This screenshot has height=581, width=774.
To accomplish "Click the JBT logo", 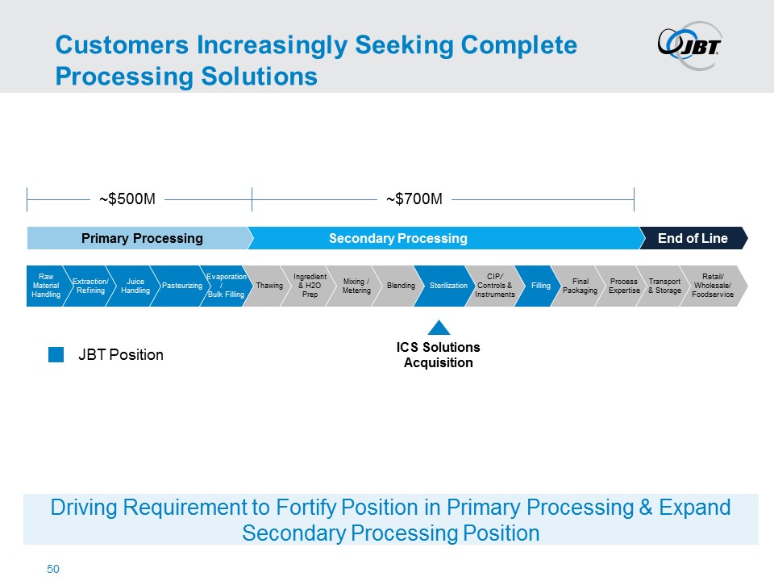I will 689,45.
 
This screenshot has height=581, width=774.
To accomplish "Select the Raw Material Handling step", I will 45,286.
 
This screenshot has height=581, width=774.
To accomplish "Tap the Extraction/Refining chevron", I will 89,286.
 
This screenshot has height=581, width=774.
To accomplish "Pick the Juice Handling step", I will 134,286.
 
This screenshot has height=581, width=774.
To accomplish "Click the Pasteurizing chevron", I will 181,286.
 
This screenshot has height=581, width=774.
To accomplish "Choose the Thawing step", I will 268,286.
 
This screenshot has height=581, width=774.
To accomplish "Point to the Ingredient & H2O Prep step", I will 310,286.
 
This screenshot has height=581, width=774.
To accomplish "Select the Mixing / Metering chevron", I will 356,286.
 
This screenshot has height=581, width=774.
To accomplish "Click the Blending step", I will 400,286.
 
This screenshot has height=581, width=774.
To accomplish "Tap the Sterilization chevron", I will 447,286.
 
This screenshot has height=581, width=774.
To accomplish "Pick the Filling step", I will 540,286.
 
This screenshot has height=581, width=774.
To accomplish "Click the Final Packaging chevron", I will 580,286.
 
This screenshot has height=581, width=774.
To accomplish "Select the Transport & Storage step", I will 664,286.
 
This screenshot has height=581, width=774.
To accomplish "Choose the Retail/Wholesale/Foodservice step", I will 712,286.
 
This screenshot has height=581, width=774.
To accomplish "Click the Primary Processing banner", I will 141,238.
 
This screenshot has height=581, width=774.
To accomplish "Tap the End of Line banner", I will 692,238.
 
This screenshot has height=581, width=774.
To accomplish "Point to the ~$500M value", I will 127,199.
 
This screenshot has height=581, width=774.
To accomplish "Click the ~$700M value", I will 414,199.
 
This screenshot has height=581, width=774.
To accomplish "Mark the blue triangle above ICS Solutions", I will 438,328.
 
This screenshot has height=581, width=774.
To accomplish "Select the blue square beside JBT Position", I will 56,354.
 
